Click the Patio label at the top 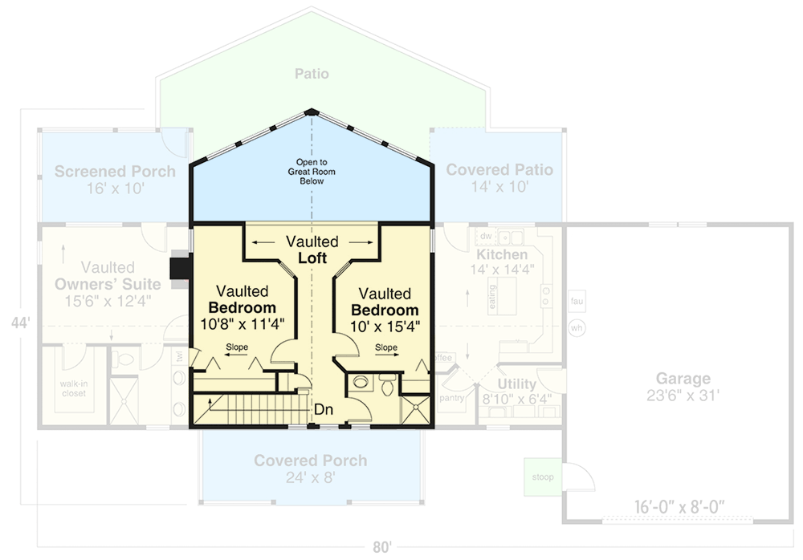coord(312,74)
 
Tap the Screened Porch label coord(115,171)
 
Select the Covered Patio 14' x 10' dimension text coord(499,188)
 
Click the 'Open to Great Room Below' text coord(312,172)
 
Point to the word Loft coord(312,258)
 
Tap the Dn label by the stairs coord(324,410)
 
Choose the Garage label coord(683,379)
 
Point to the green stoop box coord(542,477)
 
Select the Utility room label coord(516,383)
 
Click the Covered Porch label coord(310,461)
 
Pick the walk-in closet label coord(72,388)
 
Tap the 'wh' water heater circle coord(577,327)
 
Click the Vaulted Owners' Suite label coord(108,276)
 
